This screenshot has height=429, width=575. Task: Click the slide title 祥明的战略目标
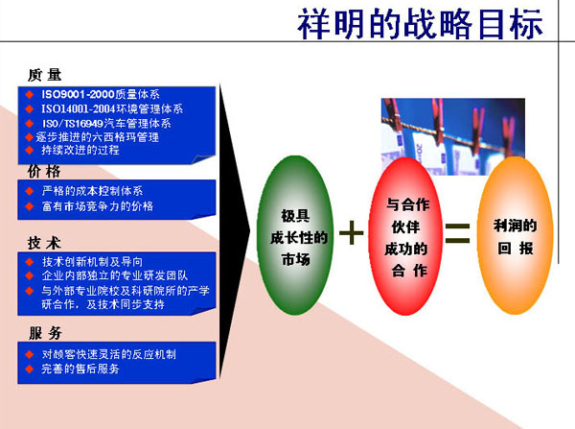[x=420, y=24]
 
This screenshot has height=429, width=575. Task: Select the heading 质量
[x=45, y=75]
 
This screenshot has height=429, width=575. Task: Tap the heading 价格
[x=44, y=171]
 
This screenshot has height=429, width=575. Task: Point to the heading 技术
[x=44, y=243]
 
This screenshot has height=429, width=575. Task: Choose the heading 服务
[x=45, y=333]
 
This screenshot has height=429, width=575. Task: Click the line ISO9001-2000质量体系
[x=101, y=94]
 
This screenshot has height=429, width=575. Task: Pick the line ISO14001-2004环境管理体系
[x=112, y=108]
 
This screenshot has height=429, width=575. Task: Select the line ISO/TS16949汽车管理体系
[x=106, y=123]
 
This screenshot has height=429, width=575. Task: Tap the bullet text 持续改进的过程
[x=80, y=150]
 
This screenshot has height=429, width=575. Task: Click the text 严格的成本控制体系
[x=92, y=191]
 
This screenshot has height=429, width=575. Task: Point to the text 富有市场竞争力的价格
[x=97, y=206]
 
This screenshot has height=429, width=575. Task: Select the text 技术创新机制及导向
[x=92, y=261]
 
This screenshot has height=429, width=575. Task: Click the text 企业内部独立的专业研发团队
[x=114, y=275]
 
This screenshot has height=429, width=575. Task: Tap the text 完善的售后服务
[x=80, y=369]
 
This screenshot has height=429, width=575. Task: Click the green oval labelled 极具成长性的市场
[x=295, y=235]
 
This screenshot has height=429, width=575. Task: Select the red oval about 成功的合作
[x=405, y=236]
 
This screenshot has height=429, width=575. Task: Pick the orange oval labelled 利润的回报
[x=516, y=235]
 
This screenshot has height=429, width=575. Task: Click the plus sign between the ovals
[x=352, y=233]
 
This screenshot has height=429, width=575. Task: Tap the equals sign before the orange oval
[x=458, y=233]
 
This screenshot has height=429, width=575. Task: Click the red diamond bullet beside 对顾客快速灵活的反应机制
[x=30, y=354]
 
